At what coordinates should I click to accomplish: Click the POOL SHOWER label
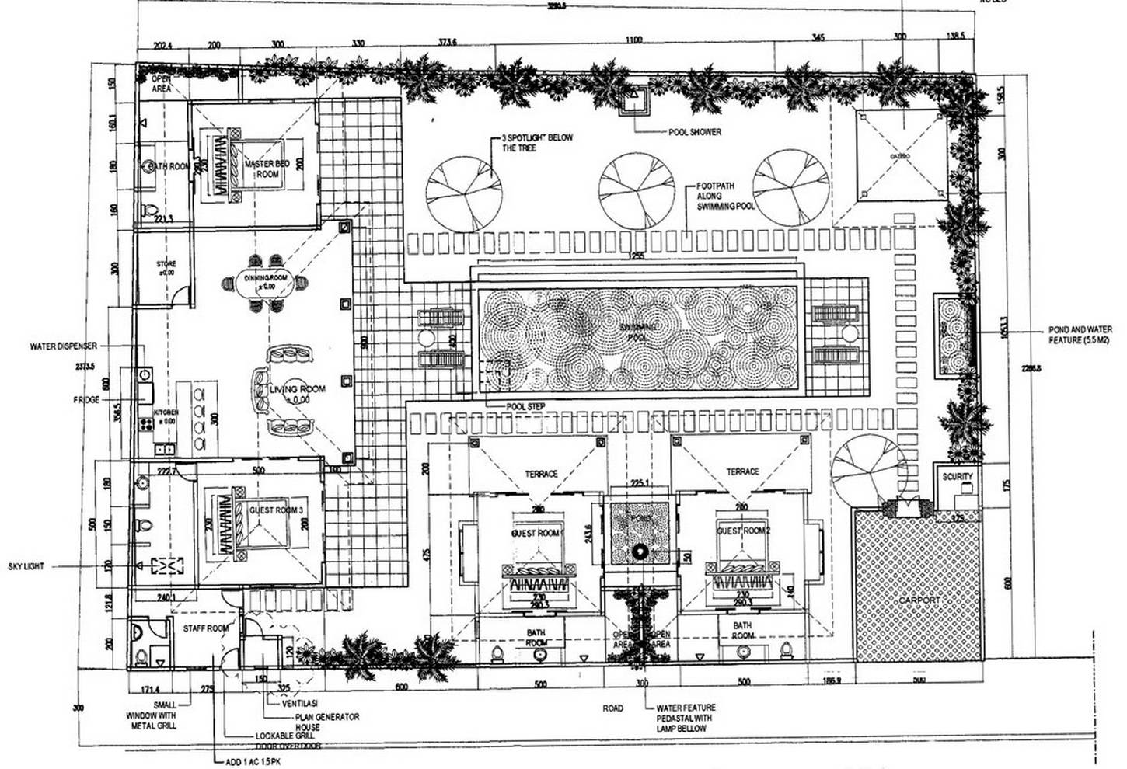coord(695,132)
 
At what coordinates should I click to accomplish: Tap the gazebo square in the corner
coord(901,156)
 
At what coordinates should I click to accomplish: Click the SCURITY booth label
coord(957,477)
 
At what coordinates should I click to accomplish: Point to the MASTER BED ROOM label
coord(267,169)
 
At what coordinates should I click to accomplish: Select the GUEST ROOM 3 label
coord(276,510)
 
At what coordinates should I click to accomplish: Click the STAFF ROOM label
coord(206,628)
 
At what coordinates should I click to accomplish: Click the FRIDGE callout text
coord(86,400)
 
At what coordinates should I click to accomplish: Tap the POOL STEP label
coord(525,406)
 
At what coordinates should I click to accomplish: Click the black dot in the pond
coord(640,552)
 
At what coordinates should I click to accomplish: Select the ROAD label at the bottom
coord(612,708)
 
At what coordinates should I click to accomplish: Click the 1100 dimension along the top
coord(633,40)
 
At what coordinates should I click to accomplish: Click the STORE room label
coord(166,269)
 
